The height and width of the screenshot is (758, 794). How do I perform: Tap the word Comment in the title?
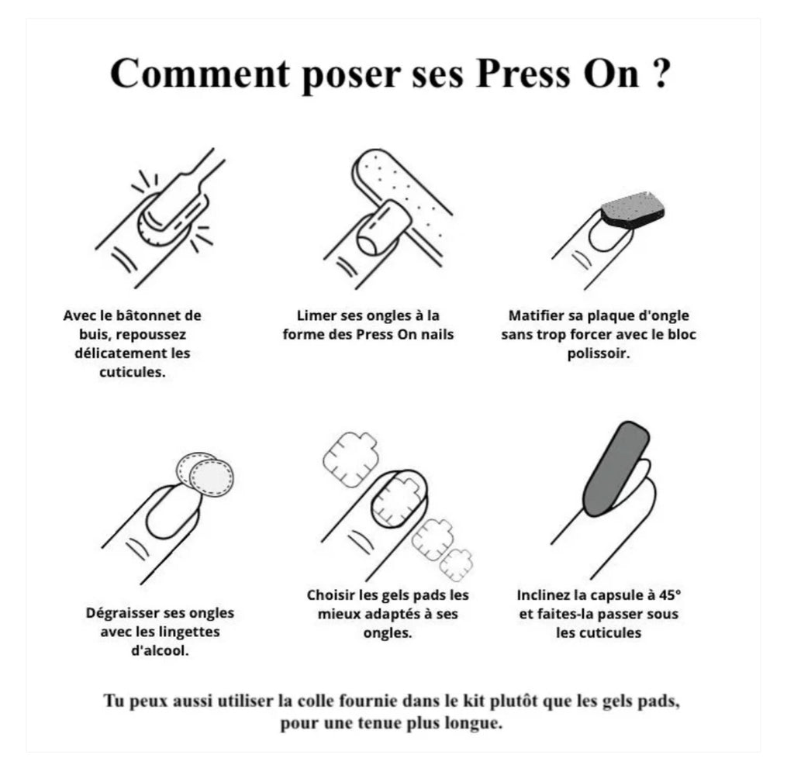[x=200, y=74]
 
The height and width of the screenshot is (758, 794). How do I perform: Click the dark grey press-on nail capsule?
[x=615, y=468]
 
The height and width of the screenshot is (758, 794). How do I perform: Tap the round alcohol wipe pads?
[x=205, y=474]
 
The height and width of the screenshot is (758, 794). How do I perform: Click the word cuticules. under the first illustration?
[x=132, y=372]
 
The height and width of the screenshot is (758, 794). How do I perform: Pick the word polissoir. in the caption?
[x=599, y=353]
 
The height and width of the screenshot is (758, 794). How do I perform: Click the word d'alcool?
[x=160, y=650]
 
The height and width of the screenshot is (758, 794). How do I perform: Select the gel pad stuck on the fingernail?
[x=399, y=499]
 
